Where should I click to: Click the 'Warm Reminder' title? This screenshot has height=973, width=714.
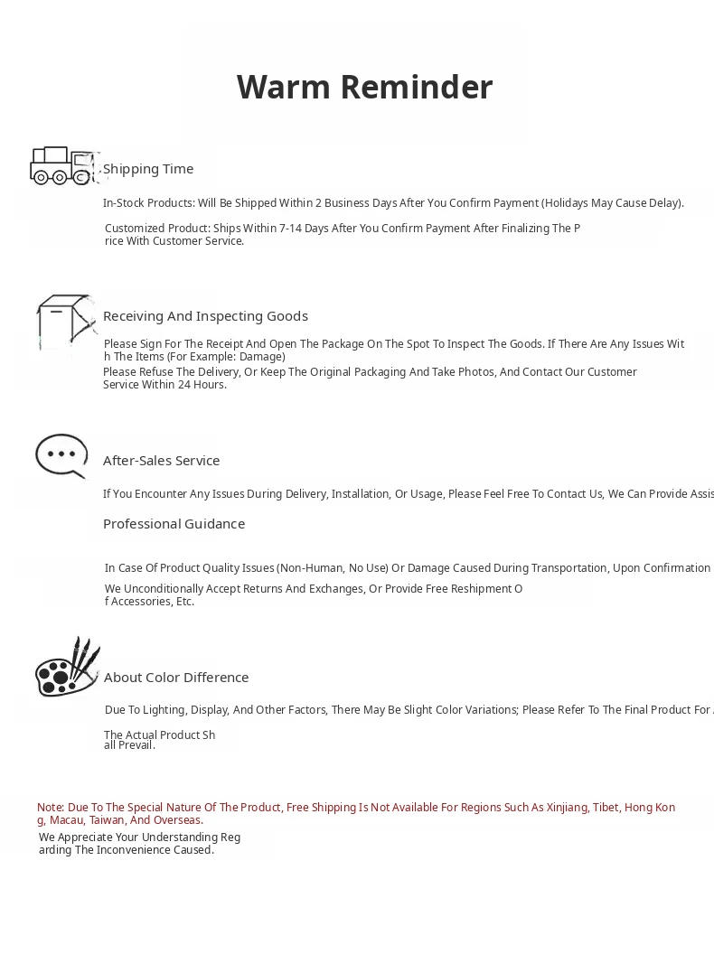point(364,88)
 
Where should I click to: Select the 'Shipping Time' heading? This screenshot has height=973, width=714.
point(148,169)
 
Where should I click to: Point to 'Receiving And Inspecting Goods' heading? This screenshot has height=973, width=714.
point(205,316)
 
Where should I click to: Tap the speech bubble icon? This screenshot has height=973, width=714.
point(61,455)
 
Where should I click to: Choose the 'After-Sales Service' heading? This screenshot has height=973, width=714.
point(161,461)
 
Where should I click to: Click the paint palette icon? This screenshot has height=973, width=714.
point(67,669)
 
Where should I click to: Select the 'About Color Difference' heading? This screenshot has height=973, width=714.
point(176,678)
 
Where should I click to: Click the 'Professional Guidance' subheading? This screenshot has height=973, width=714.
point(174,524)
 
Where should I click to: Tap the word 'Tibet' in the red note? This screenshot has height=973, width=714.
point(606,808)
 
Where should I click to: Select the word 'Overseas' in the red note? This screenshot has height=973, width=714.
point(178,820)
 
